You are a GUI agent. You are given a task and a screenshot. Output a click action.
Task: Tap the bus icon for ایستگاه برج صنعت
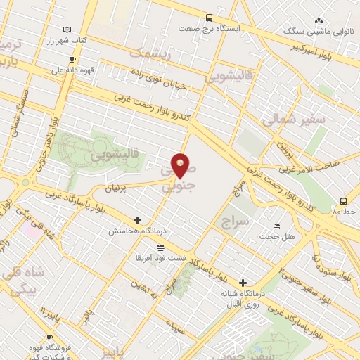(209, 18)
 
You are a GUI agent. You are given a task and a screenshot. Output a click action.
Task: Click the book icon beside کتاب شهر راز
(67, 30)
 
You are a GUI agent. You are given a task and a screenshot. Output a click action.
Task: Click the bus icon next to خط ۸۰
(343, 200)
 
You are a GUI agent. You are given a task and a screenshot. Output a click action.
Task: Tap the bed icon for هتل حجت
(276, 226)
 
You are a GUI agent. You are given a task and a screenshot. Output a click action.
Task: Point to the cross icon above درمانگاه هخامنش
(136, 220)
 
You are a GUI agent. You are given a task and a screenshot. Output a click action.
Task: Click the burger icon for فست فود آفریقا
(161, 247)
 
